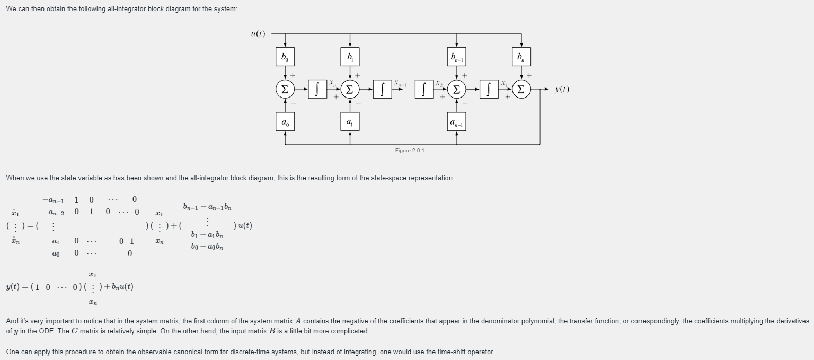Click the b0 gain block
(285, 57)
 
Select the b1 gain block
(350, 57)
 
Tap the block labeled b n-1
(457, 57)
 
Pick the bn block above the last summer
(521, 57)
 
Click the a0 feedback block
(285, 122)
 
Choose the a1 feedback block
(350, 122)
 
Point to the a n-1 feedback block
(457, 122)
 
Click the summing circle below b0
(285, 89)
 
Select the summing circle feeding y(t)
(521, 89)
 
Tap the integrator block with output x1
(489, 89)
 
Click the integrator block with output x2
(424, 89)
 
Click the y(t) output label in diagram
(562, 89)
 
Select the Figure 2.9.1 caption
(410, 151)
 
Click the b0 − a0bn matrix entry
(207, 247)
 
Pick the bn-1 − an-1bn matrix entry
(207, 206)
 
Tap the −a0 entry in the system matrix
(53, 253)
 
